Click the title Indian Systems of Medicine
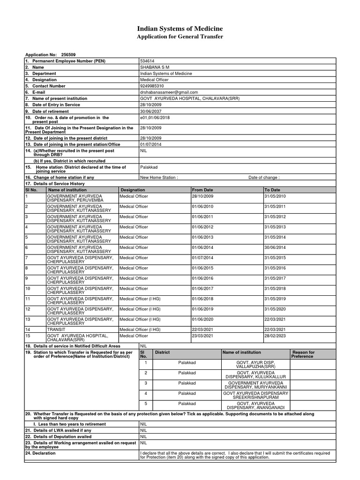click(x=180, y=29)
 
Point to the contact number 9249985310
click(x=152, y=86)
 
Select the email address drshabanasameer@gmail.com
click(x=169, y=92)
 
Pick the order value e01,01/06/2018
click(x=155, y=118)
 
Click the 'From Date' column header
click(x=202, y=189)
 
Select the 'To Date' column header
click(x=272, y=189)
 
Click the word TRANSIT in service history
click(x=56, y=330)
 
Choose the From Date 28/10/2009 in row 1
click(x=202, y=195)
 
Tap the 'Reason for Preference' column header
click(x=303, y=354)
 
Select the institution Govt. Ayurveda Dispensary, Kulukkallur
click(x=255, y=375)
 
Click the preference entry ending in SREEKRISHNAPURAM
click(x=255, y=395)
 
